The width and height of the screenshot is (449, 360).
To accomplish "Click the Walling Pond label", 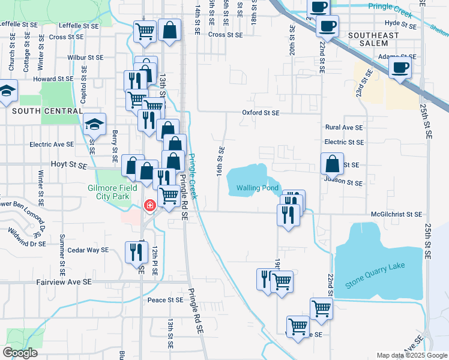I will point(258,188).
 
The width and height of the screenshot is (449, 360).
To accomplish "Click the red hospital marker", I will point(149,206).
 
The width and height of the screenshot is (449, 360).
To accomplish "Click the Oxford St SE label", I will point(261,112).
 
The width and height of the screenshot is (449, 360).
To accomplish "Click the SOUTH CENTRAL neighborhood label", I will point(47,111).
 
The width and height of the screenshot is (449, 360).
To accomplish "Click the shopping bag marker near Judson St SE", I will point(332,163).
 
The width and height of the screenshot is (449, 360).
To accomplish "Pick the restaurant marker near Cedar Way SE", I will point(134,251).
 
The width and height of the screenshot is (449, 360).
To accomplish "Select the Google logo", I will point(20,353).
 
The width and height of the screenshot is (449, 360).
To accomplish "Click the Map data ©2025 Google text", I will point(411,355).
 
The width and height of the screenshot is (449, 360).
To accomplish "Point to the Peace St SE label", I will point(165,299).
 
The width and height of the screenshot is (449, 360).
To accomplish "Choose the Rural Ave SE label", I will point(344,127).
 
